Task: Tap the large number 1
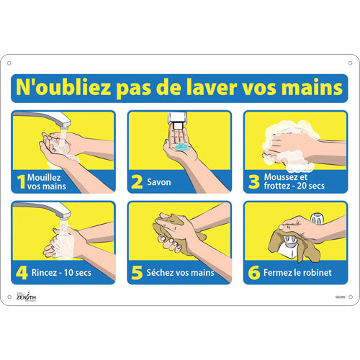pyautogui.click(x=22, y=181)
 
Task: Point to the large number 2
pyautogui.click(x=137, y=181)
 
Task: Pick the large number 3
pyautogui.click(x=253, y=181)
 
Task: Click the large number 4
pyautogui.click(x=22, y=273)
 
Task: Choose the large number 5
pyautogui.click(x=137, y=273)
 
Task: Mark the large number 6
pyautogui.click(x=253, y=273)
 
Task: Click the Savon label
pyautogui.click(x=160, y=182)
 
